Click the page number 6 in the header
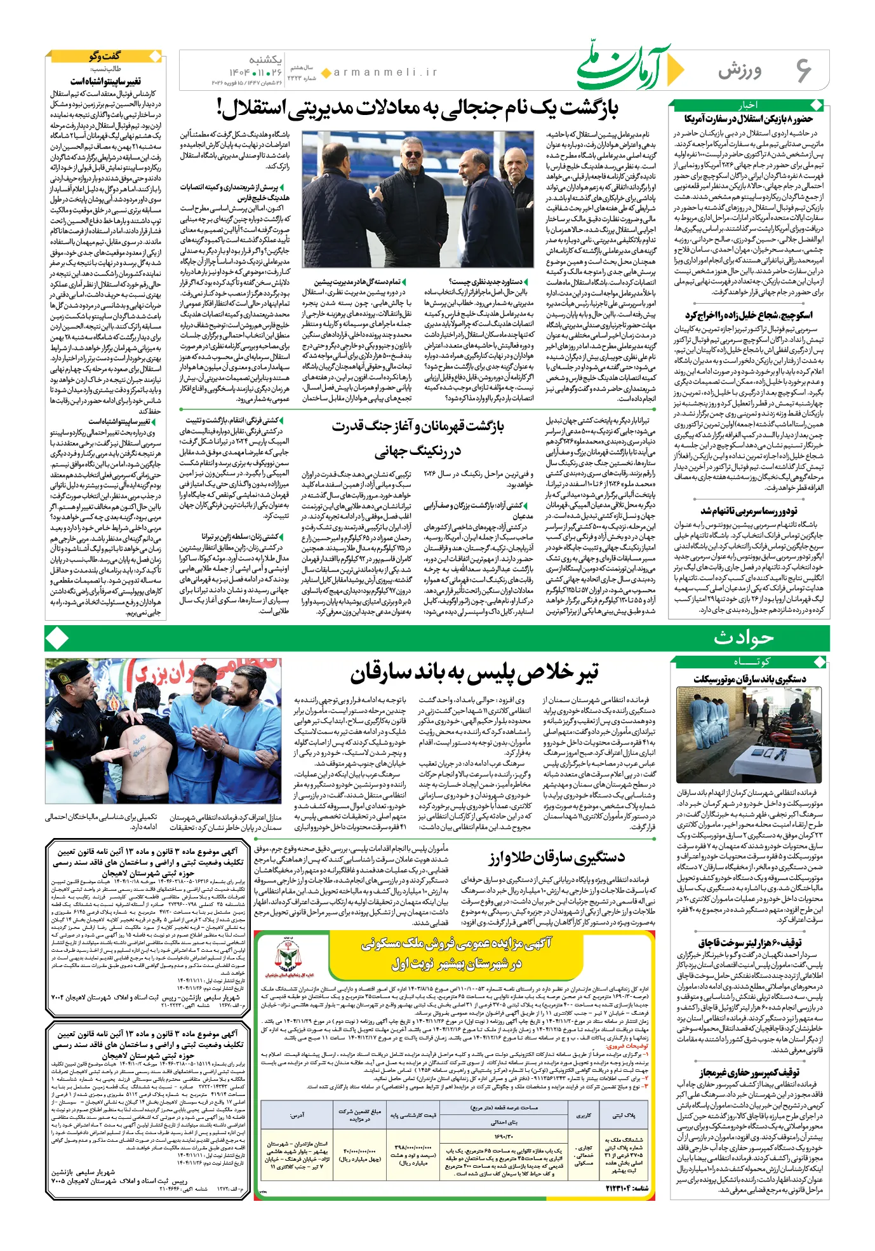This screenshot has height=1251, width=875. click(803, 70)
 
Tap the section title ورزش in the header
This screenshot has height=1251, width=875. click(740, 70)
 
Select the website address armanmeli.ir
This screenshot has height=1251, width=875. click(385, 72)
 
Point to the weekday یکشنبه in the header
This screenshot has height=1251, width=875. click(265, 60)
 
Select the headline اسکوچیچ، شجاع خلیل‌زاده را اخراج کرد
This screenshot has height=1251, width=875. click(748, 315)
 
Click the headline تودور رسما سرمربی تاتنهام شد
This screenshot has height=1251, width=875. click(749, 511)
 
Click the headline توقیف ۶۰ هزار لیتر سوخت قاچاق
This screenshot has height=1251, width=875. click(750, 942)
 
